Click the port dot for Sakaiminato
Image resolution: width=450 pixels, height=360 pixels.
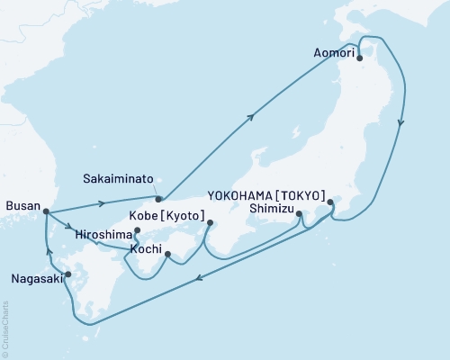tap(158, 199)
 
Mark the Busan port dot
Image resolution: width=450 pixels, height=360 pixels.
tap(45, 212)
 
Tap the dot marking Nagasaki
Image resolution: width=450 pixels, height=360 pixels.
tap(68, 274)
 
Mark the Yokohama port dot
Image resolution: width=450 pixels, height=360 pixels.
tap(331, 202)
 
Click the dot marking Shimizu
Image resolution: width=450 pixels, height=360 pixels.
tap(299, 214)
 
